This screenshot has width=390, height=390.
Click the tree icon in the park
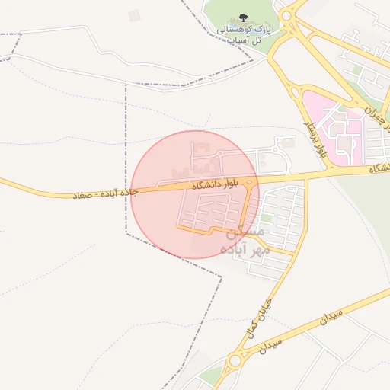coord(244,18)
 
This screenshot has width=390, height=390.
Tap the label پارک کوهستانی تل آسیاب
coord(244,34)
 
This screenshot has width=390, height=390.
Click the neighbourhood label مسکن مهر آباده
coord(242,238)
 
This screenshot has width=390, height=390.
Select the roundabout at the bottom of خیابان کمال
coord(237,360)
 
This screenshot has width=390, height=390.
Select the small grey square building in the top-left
coord(135,15)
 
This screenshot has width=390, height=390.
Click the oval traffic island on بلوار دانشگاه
coord(250,182)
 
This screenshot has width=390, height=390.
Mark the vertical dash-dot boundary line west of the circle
coord(126,152)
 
